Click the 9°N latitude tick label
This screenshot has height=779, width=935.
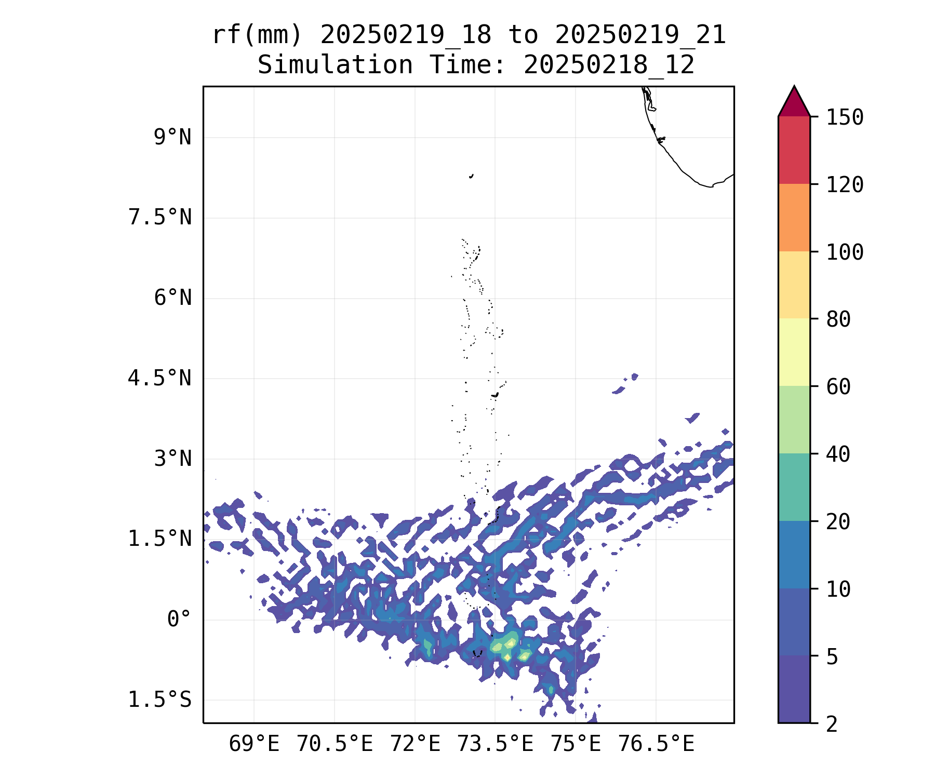coord(172,138)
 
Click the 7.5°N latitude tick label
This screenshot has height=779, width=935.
coord(160,218)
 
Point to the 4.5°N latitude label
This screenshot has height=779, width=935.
coord(160,379)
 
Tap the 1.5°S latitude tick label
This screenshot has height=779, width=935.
coord(160,700)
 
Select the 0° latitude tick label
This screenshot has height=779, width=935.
coord(179,620)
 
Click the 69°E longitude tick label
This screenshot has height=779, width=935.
coord(254,744)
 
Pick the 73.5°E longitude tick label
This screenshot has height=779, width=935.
coord(495,744)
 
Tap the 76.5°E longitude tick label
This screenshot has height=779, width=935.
coord(656,744)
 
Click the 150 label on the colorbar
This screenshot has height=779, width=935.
coord(845,117)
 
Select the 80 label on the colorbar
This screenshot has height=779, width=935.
coord(839,319)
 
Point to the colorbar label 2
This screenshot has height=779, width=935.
coord(832,724)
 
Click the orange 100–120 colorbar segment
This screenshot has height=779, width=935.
coord(794,218)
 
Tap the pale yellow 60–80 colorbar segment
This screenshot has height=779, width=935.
coord(794,352)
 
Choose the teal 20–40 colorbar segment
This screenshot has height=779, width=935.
coord(794,487)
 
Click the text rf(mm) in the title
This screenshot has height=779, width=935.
coord(257,35)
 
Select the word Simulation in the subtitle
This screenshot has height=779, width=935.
coord(335,65)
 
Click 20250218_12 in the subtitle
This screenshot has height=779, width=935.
coord(609,65)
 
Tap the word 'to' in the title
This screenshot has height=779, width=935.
coord(523,35)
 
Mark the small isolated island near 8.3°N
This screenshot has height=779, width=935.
coord(471,176)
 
